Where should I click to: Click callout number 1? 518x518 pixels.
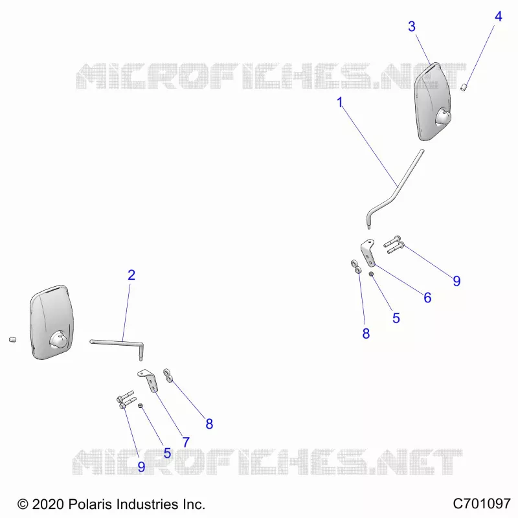point(339,102)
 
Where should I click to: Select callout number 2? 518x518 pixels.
point(131,275)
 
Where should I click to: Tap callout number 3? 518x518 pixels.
point(412,27)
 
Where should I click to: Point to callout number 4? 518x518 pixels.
point(499,17)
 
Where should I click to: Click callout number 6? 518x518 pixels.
point(427,298)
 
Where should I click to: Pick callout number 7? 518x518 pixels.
point(186,442)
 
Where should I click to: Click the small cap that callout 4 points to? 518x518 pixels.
point(464,87)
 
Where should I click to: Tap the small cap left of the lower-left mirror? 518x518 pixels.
point(12,339)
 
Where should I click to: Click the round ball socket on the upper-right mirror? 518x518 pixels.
point(443,117)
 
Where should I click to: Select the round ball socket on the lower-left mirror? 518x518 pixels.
point(58,340)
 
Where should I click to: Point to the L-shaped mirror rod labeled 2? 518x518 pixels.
point(122,343)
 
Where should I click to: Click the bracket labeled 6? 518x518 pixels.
point(368,253)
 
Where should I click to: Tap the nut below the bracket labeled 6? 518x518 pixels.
point(371,274)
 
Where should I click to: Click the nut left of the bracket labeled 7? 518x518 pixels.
point(140,405)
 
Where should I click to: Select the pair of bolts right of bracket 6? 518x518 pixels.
point(394,245)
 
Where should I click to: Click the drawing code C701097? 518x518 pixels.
point(482,504)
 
